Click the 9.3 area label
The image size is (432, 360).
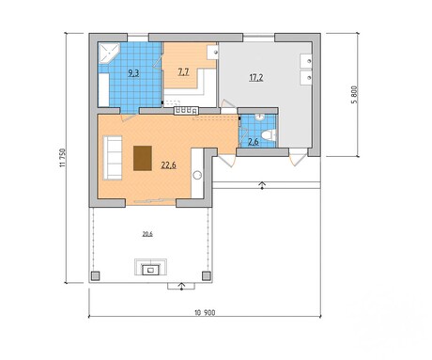pos(133,73)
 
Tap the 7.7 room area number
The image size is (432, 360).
pos(183,72)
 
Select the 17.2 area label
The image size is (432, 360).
pos(256,78)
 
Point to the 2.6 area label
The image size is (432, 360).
pos(254,142)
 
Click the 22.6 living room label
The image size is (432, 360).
pos(168,164)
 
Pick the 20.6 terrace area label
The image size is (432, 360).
pos(147,234)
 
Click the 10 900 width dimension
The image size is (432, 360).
pos(205,312)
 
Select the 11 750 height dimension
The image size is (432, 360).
pos(63,158)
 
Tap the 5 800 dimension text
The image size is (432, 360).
pos(354,95)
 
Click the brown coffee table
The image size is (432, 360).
pos(143,158)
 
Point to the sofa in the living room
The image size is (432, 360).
pos(113,158)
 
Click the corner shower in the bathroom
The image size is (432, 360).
pos(109,54)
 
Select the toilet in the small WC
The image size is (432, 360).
pos(270,135)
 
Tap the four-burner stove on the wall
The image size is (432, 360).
pos(187,111)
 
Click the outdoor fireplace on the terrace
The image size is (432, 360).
pos(150,267)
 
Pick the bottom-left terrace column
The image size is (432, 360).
pos(95,276)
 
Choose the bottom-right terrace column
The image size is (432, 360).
pos(207,276)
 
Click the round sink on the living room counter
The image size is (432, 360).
pos(197,175)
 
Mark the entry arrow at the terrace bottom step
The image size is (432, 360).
pos(181,286)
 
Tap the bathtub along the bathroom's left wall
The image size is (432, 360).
pos(103,90)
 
